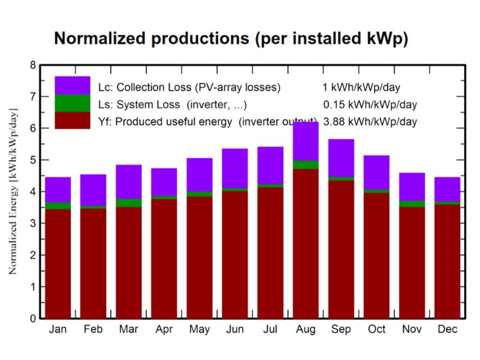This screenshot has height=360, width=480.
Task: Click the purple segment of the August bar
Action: pyautogui.click(x=306, y=141)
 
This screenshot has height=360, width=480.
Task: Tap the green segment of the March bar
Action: pyautogui.click(x=128, y=203)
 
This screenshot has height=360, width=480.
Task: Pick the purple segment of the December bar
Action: pyautogui.click(x=447, y=189)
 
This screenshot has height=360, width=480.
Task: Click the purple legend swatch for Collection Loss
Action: pyautogui.click(x=72, y=85)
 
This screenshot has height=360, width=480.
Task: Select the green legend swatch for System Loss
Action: pyautogui.click(x=72, y=103)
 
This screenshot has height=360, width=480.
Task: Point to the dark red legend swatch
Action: pyautogui.click(x=72, y=120)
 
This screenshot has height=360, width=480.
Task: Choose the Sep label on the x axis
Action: pyautogui.click(x=341, y=330)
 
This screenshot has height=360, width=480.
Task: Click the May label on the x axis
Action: pyautogui.click(x=199, y=330)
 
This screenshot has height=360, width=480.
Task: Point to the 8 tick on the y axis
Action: pyautogui.click(x=33, y=65)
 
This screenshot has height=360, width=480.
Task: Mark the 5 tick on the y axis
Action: pyautogui.click(x=33, y=160)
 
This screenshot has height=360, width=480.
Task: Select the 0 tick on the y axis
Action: pyautogui.click(x=33, y=319)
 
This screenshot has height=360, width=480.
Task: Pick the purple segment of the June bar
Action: pyautogui.click(x=235, y=168)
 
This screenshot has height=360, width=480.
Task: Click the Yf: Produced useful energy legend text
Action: pyautogui.click(x=173, y=122)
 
